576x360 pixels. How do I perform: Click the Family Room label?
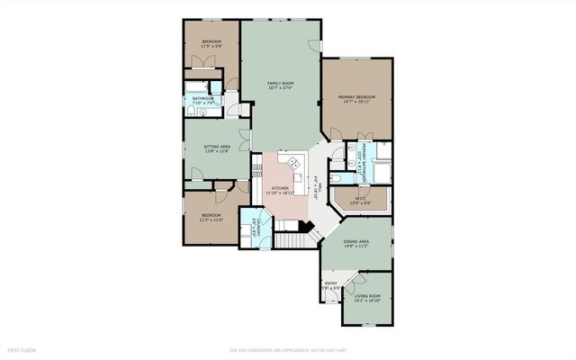click(x=281, y=86)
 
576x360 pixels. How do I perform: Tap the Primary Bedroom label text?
click(x=356, y=99)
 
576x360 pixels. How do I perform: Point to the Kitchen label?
click(x=280, y=190)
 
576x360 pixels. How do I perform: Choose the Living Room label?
click(x=366, y=298)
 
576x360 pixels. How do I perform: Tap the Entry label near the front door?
click(x=330, y=287)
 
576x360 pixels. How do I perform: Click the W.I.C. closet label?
click(x=359, y=202)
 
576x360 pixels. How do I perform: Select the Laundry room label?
click(x=256, y=228)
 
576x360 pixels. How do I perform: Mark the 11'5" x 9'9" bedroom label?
click(x=211, y=44)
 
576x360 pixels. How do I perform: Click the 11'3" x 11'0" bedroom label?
click(x=211, y=219)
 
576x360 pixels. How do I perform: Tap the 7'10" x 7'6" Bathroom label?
click(x=202, y=101)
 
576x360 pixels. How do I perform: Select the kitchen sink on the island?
click(x=294, y=163)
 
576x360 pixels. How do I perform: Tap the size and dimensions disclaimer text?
click(x=287, y=349)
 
